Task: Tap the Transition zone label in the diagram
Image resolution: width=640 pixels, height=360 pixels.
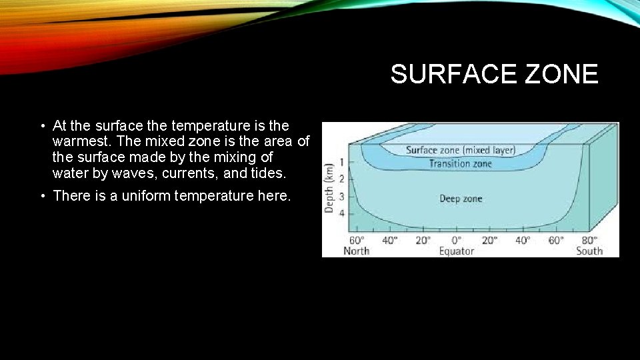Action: [x=460, y=163]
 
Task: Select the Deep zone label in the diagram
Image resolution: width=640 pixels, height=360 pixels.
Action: [x=460, y=198]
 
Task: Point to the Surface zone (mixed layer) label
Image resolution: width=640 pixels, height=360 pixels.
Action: [x=460, y=150]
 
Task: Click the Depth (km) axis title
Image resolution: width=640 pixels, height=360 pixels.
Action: [x=329, y=189]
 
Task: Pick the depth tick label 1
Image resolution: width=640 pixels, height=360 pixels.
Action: [x=341, y=162]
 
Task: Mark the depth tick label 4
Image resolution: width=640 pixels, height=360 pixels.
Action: [x=341, y=213]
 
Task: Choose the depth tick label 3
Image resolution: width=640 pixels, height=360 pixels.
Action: [x=341, y=196]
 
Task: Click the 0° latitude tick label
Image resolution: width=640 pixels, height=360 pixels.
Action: [x=457, y=240]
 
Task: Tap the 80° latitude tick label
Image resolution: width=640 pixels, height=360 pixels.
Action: [x=589, y=240]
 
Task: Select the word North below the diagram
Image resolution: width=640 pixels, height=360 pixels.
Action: [x=356, y=251]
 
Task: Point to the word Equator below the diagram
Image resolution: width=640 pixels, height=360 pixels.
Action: [x=456, y=251]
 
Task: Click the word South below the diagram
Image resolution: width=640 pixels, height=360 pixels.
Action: [x=589, y=251]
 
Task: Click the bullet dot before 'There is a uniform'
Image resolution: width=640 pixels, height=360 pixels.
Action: [x=41, y=196]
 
